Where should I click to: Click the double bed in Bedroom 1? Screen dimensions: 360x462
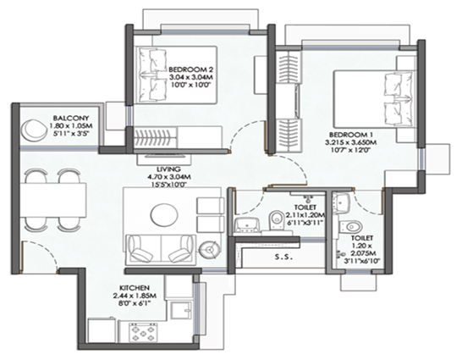click(371, 100)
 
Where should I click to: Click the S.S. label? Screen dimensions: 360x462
click(283, 258)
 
